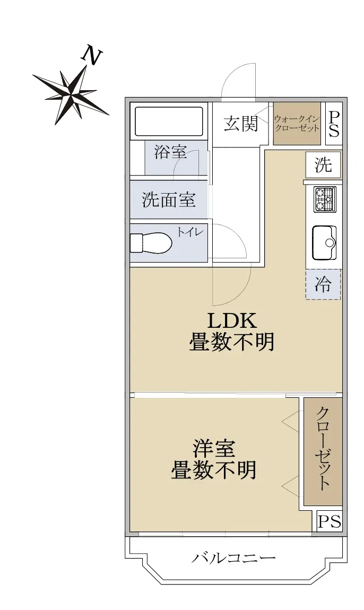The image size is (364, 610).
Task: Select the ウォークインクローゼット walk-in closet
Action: click(x=297, y=123)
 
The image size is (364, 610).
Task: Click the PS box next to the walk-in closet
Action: click(x=334, y=124)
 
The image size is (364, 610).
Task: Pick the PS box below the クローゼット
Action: click(x=330, y=520)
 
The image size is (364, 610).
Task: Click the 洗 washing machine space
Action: click(x=323, y=165)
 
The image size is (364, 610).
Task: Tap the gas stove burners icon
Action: click(x=325, y=199)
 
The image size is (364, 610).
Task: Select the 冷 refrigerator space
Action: click(x=323, y=284)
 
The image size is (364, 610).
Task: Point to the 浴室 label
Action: click(x=170, y=152)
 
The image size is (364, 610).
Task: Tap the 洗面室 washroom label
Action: click(x=169, y=200)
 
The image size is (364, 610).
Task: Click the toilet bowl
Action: click(x=151, y=243)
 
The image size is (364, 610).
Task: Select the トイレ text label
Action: click(x=190, y=232)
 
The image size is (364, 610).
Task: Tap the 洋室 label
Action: click(x=213, y=449)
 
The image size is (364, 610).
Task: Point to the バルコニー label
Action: click(x=233, y=559)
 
